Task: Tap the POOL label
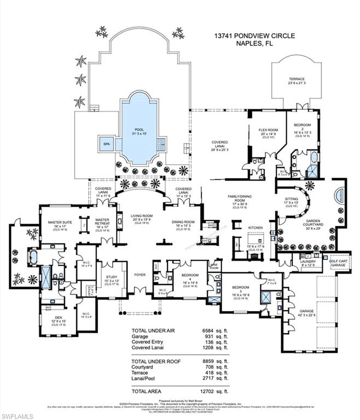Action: (139, 130)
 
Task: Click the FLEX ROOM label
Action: (269, 130)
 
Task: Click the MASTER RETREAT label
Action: (103, 222)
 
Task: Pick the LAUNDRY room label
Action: (307, 261)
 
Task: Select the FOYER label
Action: (140, 274)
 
